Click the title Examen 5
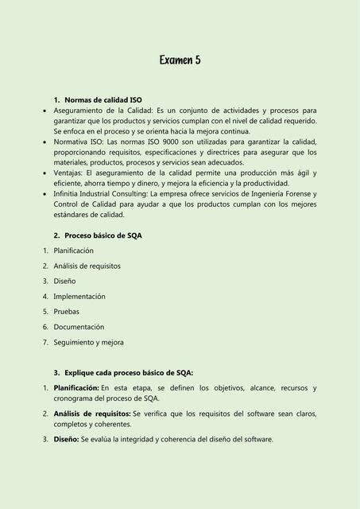point(180,60)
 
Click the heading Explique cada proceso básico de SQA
point(129,372)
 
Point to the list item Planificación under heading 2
point(79,251)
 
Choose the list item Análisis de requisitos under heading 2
point(87,266)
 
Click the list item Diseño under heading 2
point(64,281)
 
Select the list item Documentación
point(79,327)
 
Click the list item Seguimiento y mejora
point(88,342)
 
